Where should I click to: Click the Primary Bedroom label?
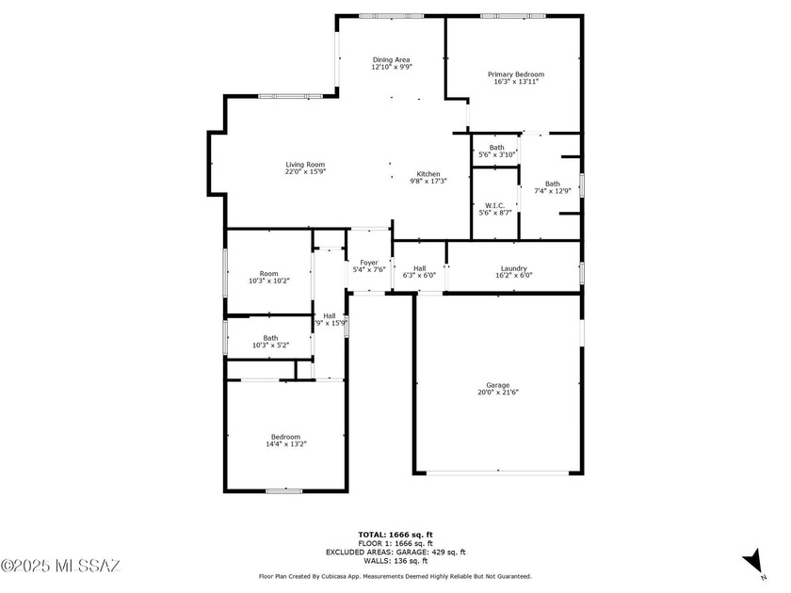[x=515, y=74]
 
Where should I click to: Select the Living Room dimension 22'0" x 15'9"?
[x=305, y=172]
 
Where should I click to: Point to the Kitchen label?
[x=428, y=173]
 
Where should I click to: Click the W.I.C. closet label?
[x=494, y=205]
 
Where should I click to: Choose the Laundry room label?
[x=513, y=268]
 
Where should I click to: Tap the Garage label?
[x=497, y=385]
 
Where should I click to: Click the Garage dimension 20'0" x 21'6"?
[x=497, y=393]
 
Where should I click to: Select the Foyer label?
[x=368, y=263]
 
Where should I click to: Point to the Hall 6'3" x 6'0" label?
[x=419, y=268]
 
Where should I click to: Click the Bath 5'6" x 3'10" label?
[x=496, y=147]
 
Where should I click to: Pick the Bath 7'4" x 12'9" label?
[x=552, y=184]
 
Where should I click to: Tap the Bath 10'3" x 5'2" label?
[x=270, y=338]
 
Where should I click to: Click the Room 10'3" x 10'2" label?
[x=269, y=274]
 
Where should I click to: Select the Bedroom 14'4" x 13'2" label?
[x=285, y=437]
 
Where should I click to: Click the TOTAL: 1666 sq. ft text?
[x=395, y=535]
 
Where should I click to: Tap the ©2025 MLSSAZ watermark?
[x=61, y=566]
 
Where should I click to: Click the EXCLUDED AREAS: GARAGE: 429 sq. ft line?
[x=395, y=553]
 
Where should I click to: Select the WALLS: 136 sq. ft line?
[x=395, y=561]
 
